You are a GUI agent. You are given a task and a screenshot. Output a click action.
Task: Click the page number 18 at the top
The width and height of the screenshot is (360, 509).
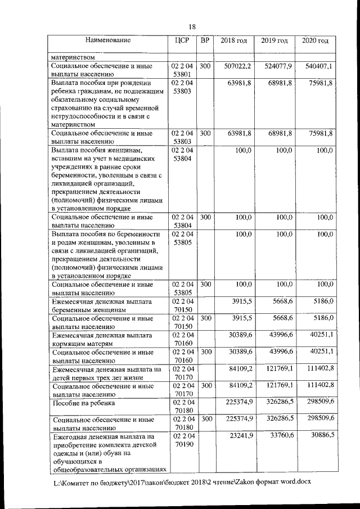(x=191, y=27)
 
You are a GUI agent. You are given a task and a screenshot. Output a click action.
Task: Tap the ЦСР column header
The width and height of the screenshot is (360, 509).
(x=182, y=40)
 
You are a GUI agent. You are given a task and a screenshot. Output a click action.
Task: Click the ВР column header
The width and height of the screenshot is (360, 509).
(x=205, y=40)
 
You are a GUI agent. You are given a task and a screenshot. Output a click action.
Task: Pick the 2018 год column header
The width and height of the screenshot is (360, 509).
(x=233, y=41)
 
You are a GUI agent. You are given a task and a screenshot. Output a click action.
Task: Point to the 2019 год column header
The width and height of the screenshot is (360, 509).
(x=274, y=41)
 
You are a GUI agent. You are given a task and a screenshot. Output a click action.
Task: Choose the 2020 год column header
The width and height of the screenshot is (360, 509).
(x=315, y=41)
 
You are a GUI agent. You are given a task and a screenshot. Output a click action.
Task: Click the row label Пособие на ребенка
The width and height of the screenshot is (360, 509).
(x=83, y=403)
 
